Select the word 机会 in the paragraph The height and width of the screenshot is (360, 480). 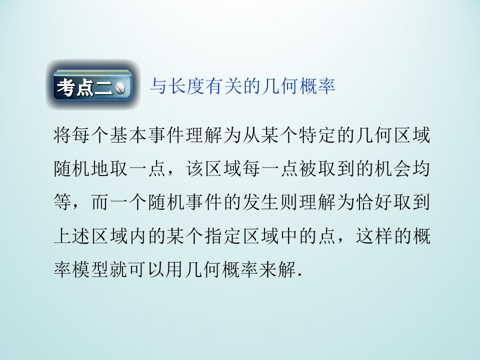point(392,170)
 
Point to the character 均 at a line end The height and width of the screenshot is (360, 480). point(420,170)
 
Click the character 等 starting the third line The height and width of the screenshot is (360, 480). point(62,203)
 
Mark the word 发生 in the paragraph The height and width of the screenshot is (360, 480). point(260,203)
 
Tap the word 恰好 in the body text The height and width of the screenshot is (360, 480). point(373,203)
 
